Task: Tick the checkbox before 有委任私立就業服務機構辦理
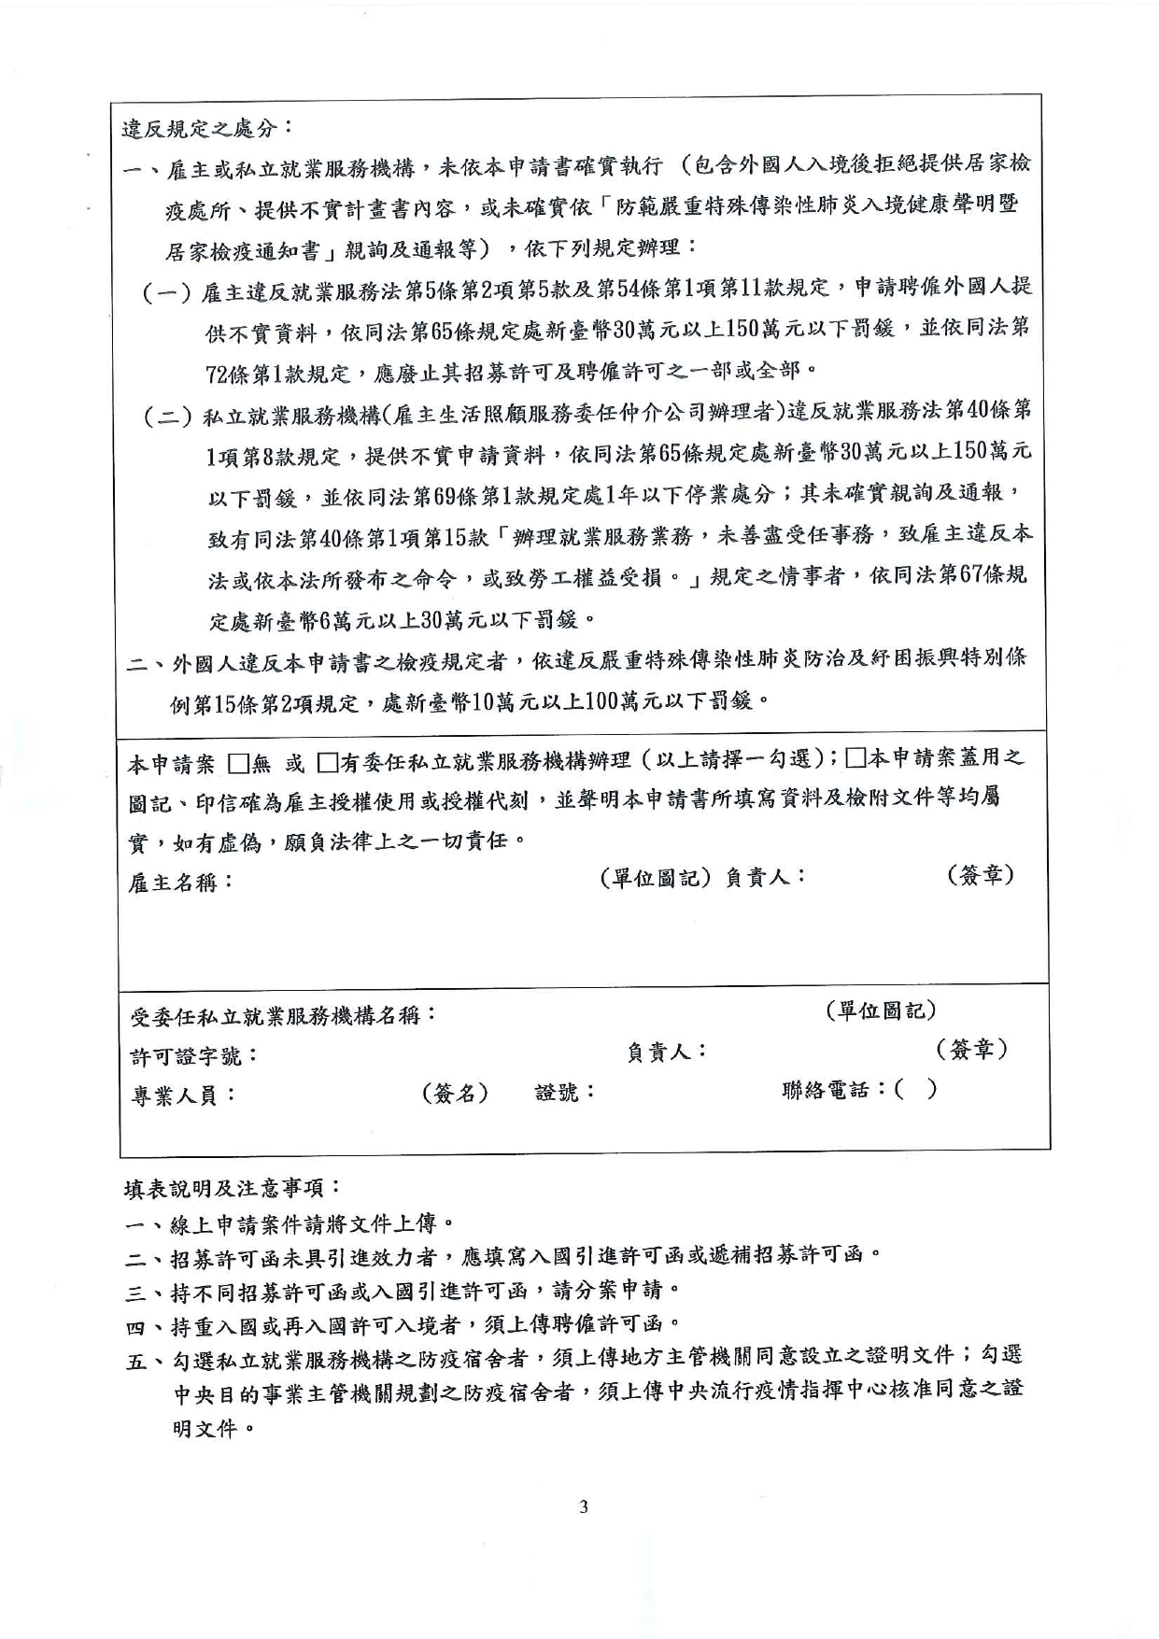[326, 763]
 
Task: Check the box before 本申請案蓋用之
[855, 758]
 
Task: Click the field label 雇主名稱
[179, 882]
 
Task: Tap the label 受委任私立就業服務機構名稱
[283, 1015]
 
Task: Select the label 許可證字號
[193, 1056]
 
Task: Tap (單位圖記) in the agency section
[881, 1010]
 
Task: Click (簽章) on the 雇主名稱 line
[980, 876]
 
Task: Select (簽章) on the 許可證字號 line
[971, 1050]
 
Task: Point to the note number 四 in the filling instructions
[136, 1326]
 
